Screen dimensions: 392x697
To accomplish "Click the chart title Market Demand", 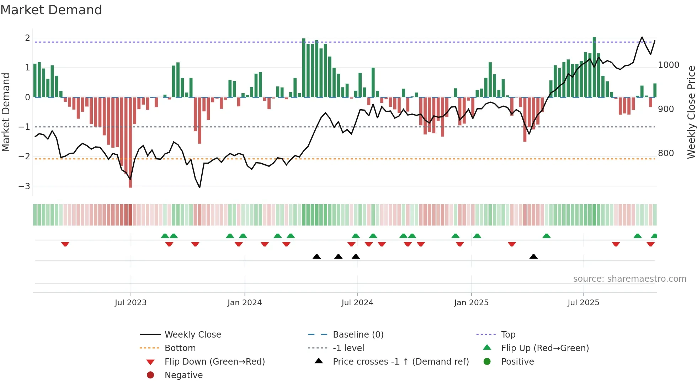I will [51, 10].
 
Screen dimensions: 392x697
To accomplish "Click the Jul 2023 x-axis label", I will [131, 303].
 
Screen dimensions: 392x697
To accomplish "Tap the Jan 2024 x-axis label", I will [245, 303].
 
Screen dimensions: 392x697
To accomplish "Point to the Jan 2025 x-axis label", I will [471, 303].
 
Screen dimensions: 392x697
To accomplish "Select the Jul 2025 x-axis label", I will [583, 303].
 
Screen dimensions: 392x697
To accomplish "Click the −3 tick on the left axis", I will [24, 186].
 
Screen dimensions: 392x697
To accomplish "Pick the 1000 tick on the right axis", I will [669, 65].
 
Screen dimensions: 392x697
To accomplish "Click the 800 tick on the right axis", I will [666, 153].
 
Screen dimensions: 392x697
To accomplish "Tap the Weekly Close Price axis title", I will [691, 112].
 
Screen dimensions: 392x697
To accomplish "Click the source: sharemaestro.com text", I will [629, 279].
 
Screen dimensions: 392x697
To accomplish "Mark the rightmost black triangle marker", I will [533, 256].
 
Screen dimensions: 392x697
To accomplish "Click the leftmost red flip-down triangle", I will [65, 244].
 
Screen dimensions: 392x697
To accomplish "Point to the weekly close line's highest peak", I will [642, 37].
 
